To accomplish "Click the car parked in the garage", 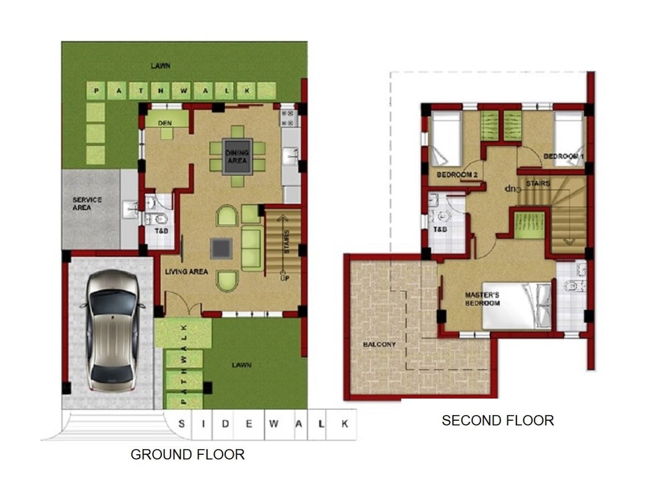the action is pyautogui.click(x=113, y=330).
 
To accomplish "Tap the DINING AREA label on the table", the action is pyautogui.click(x=238, y=157).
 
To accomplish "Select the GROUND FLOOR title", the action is pyautogui.click(x=187, y=455).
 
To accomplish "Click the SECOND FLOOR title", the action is pyautogui.click(x=497, y=420).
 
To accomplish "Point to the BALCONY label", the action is pyautogui.click(x=379, y=344).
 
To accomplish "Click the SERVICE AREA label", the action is pyautogui.click(x=87, y=204).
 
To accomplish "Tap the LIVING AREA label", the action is pyautogui.click(x=186, y=272).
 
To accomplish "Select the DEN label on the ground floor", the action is pyautogui.click(x=165, y=123).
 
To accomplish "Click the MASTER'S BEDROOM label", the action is pyautogui.click(x=482, y=299).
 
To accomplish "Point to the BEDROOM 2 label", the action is pyautogui.click(x=457, y=174).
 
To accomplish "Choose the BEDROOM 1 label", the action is pyautogui.click(x=564, y=156).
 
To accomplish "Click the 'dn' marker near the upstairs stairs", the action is pyautogui.click(x=510, y=189).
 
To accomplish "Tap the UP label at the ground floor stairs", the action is pyautogui.click(x=285, y=278).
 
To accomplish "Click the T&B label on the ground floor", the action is pyautogui.click(x=161, y=231).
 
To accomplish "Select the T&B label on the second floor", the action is pyautogui.click(x=440, y=230).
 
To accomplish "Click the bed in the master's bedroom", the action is pyautogui.click(x=517, y=306).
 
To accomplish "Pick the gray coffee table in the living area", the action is pyautogui.click(x=221, y=248).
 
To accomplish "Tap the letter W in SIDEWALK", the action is pyautogui.click(x=273, y=424).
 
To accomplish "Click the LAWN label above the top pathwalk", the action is pyautogui.click(x=161, y=66).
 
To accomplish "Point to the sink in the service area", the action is pyautogui.click(x=130, y=209).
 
